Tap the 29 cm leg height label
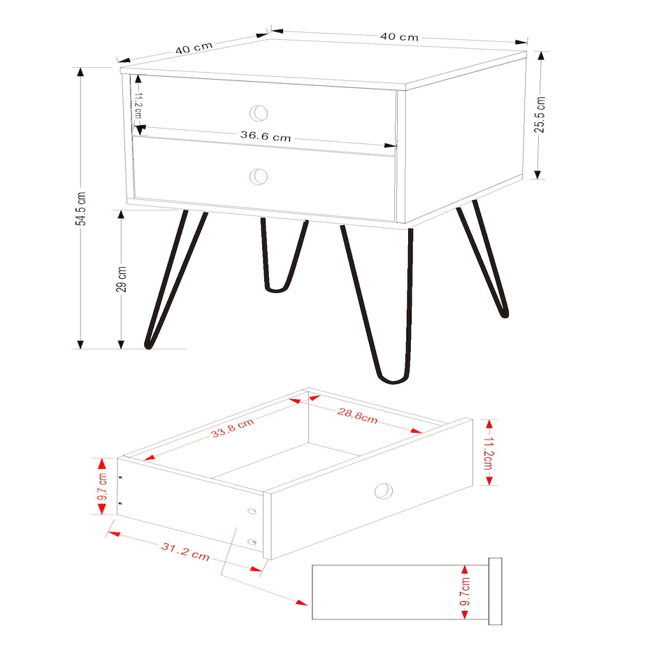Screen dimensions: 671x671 coord(122,279)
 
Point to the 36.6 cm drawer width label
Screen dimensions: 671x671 coord(266,136)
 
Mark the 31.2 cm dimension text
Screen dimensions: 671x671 coord(185,551)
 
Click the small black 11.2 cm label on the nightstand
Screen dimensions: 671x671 coord(138,105)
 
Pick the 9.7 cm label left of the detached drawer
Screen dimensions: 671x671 coord(102,486)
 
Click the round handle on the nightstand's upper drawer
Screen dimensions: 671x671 coord(259,113)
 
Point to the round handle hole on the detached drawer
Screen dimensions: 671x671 coord(383,491)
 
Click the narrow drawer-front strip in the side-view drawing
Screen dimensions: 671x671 coord(495,592)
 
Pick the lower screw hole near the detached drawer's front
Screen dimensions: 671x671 coord(252,542)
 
